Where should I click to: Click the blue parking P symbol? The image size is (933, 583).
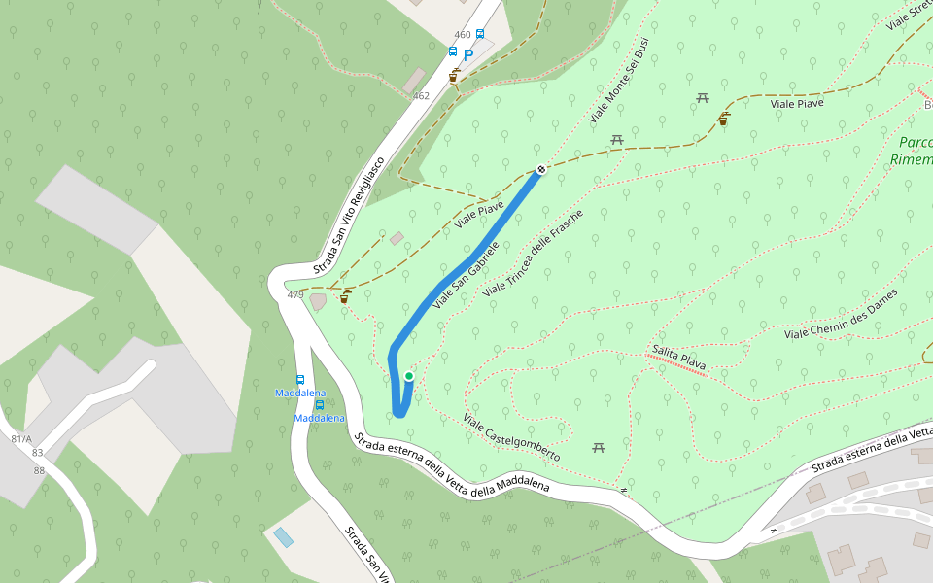tap(468, 56)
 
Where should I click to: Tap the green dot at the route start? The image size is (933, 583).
tap(409, 376)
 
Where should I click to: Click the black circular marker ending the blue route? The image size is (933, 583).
tap(541, 169)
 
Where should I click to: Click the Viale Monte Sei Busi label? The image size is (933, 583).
tap(618, 82)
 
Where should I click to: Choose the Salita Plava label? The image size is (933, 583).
tap(679, 358)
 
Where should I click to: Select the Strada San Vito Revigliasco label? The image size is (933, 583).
tap(350, 216)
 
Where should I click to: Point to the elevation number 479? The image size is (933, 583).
tap(295, 295)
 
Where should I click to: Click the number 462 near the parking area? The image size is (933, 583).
tap(421, 96)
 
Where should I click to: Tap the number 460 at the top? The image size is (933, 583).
tap(462, 35)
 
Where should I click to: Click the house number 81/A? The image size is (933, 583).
tap(20, 439)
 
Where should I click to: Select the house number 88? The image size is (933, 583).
tap(39, 471)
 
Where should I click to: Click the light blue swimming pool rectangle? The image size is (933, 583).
tap(283, 536)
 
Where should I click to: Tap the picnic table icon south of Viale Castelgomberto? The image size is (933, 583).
tap(599, 447)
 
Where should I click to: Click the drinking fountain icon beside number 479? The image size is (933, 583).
tap(344, 297)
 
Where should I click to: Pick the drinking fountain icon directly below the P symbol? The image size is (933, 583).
tap(454, 75)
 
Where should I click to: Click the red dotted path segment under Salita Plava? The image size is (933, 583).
tap(676, 365)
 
